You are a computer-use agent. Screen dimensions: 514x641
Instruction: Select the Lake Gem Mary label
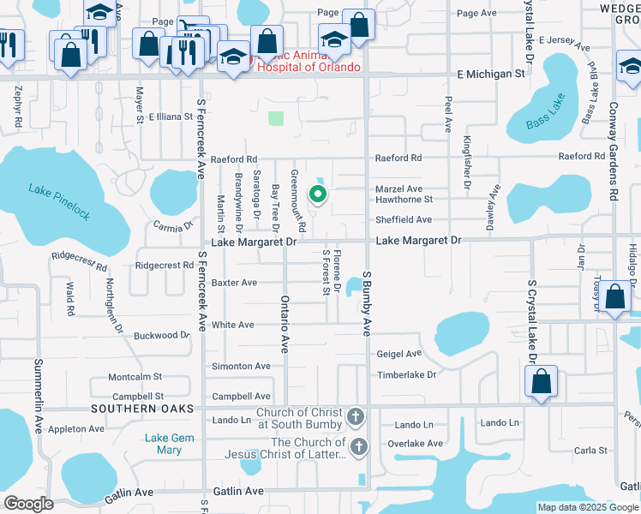(163, 444)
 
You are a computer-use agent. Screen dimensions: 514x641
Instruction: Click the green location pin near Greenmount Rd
(317, 194)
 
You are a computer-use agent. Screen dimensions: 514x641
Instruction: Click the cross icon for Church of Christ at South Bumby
(356, 417)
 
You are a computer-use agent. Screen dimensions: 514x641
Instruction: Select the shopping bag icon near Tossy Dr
(615, 298)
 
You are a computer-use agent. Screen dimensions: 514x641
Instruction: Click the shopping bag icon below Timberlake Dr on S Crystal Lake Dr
(542, 381)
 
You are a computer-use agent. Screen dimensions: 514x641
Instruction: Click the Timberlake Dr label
(407, 375)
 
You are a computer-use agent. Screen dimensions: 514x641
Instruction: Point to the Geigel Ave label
(399, 354)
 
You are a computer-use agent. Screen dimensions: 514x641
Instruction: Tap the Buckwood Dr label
(161, 336)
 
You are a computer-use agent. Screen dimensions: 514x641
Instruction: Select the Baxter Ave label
(234, 283)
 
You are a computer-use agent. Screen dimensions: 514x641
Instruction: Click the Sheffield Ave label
(404, 220)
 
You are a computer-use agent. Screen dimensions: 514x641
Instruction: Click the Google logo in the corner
(29, 504)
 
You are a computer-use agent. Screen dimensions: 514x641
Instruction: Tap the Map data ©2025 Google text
(588, 508)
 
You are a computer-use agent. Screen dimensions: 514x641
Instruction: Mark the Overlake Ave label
(415, 444)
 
